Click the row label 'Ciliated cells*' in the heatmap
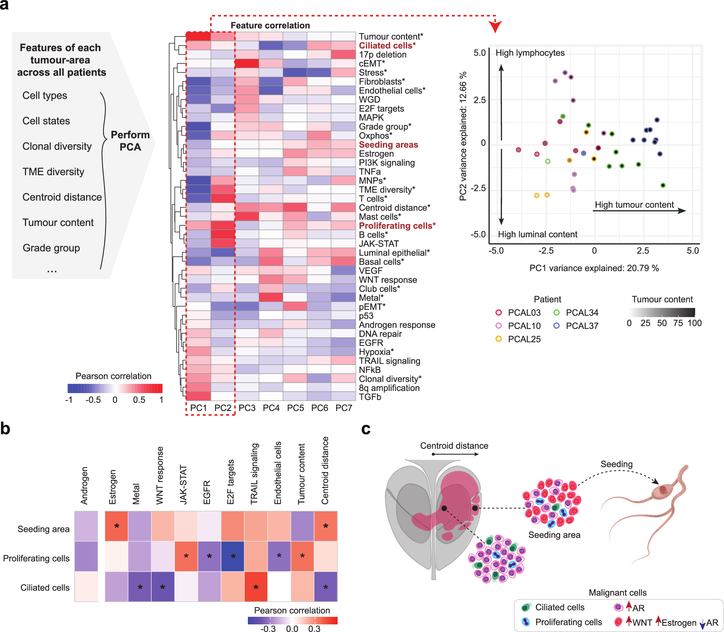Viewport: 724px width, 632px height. pos(387,46)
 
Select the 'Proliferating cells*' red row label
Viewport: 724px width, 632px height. pos(397,226)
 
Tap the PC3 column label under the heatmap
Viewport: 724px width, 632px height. pos(247,408)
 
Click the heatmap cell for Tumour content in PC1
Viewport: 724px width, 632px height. pos(198,36)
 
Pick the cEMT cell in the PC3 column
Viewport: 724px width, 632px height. pos(247,63)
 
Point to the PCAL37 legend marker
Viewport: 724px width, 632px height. pos(556,326)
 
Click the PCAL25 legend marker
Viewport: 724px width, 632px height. pos(499,339)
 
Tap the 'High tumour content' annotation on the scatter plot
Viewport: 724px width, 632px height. pos(634,205)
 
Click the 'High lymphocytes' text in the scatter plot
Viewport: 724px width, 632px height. pos(530,53)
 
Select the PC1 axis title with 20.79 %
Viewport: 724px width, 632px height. pos(594,268)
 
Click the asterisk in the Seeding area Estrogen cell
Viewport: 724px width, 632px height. pos(117,526)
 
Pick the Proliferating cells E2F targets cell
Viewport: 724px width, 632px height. pos(233,556)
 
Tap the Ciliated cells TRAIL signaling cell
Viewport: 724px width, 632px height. pos(256,587)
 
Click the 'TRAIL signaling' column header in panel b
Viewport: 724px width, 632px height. pos(255,474)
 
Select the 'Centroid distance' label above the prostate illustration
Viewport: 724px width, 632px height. pos(454,446)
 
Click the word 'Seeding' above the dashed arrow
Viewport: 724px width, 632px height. pos(617,464)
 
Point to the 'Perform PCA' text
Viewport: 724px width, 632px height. pos(130,141)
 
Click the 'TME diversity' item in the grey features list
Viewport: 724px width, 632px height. pos(53,172)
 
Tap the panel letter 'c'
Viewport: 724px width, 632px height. pos(366,429)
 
